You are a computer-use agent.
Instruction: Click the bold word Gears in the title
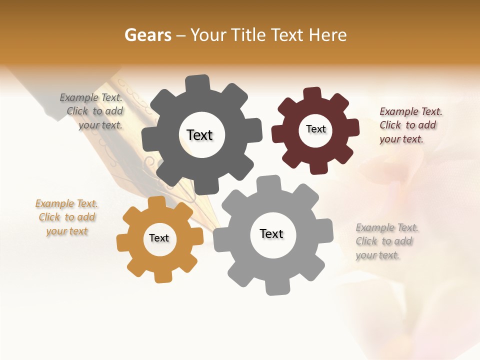148,35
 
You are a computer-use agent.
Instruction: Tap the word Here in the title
327,35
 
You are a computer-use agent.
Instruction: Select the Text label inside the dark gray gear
199,135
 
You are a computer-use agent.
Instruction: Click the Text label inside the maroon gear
315,129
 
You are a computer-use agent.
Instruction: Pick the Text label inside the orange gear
159,238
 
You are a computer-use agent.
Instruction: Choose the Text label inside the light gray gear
271,233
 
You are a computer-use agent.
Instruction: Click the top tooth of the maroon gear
312,94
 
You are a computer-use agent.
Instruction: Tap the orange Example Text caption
67,217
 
